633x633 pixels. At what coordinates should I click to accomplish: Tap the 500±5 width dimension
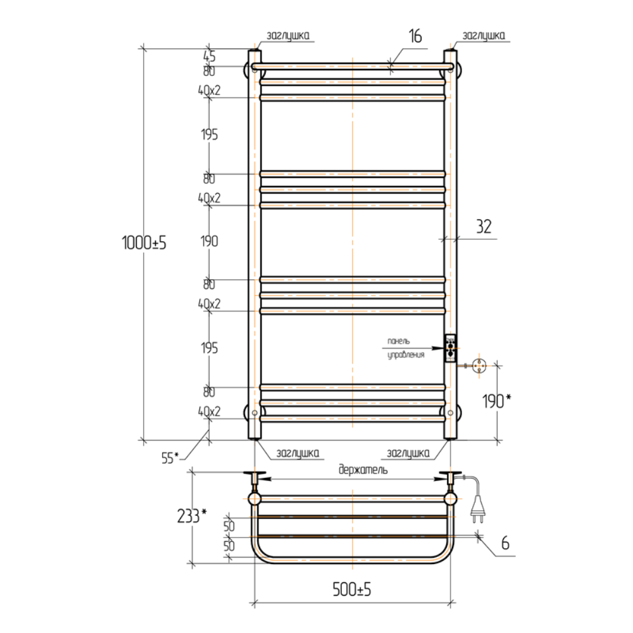352,590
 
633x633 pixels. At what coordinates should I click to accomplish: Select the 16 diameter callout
415,36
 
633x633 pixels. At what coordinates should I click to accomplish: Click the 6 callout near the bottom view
505,542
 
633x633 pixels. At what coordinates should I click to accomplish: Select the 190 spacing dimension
209,241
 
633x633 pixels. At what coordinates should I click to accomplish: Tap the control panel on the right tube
450,348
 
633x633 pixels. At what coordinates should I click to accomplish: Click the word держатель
363,470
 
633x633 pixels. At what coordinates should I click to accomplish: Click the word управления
405,356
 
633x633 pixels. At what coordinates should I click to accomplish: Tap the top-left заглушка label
289,36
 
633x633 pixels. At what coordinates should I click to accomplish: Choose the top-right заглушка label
484,36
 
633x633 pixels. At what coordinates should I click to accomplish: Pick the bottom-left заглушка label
298,453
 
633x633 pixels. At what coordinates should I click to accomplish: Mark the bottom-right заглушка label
408,453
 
